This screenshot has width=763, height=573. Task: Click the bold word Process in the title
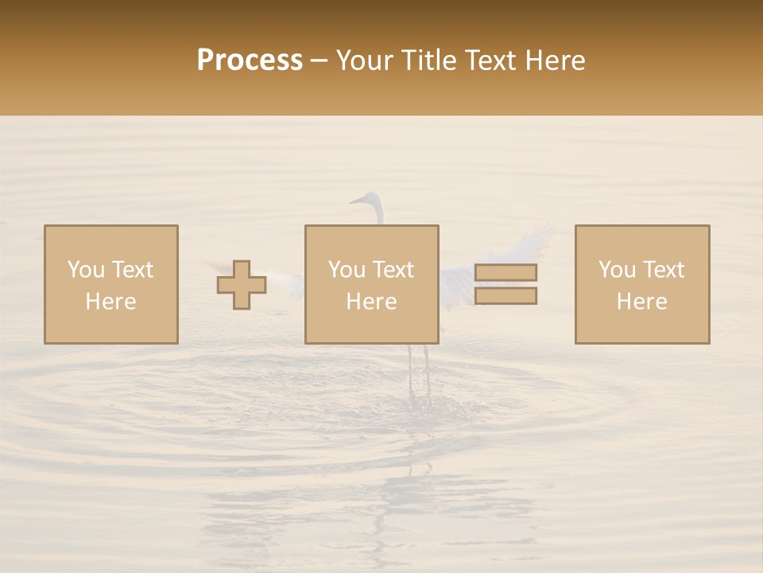tap(250, 60)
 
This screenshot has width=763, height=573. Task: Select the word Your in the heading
tap(366, 60)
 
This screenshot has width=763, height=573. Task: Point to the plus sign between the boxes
tap(242, 285)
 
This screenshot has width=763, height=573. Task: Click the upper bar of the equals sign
tap(505, 272)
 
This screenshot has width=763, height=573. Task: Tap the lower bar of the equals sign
tap(505, 295)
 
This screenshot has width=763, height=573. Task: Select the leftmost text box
tap(111, 284)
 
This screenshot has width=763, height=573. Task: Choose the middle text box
tap(372, 284)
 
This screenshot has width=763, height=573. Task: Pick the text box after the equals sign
tap(642, 284)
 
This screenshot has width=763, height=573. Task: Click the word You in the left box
tap(86, 270)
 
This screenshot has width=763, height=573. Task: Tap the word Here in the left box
tap(111, 302)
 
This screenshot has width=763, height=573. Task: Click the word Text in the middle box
tap(393, 270)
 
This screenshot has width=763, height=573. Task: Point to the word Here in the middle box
tap(372, 302)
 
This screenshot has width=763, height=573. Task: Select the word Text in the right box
tap(664, 270)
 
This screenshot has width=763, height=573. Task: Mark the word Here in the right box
tap(642, 302)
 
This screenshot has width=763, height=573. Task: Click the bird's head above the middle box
tap(370, 199)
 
